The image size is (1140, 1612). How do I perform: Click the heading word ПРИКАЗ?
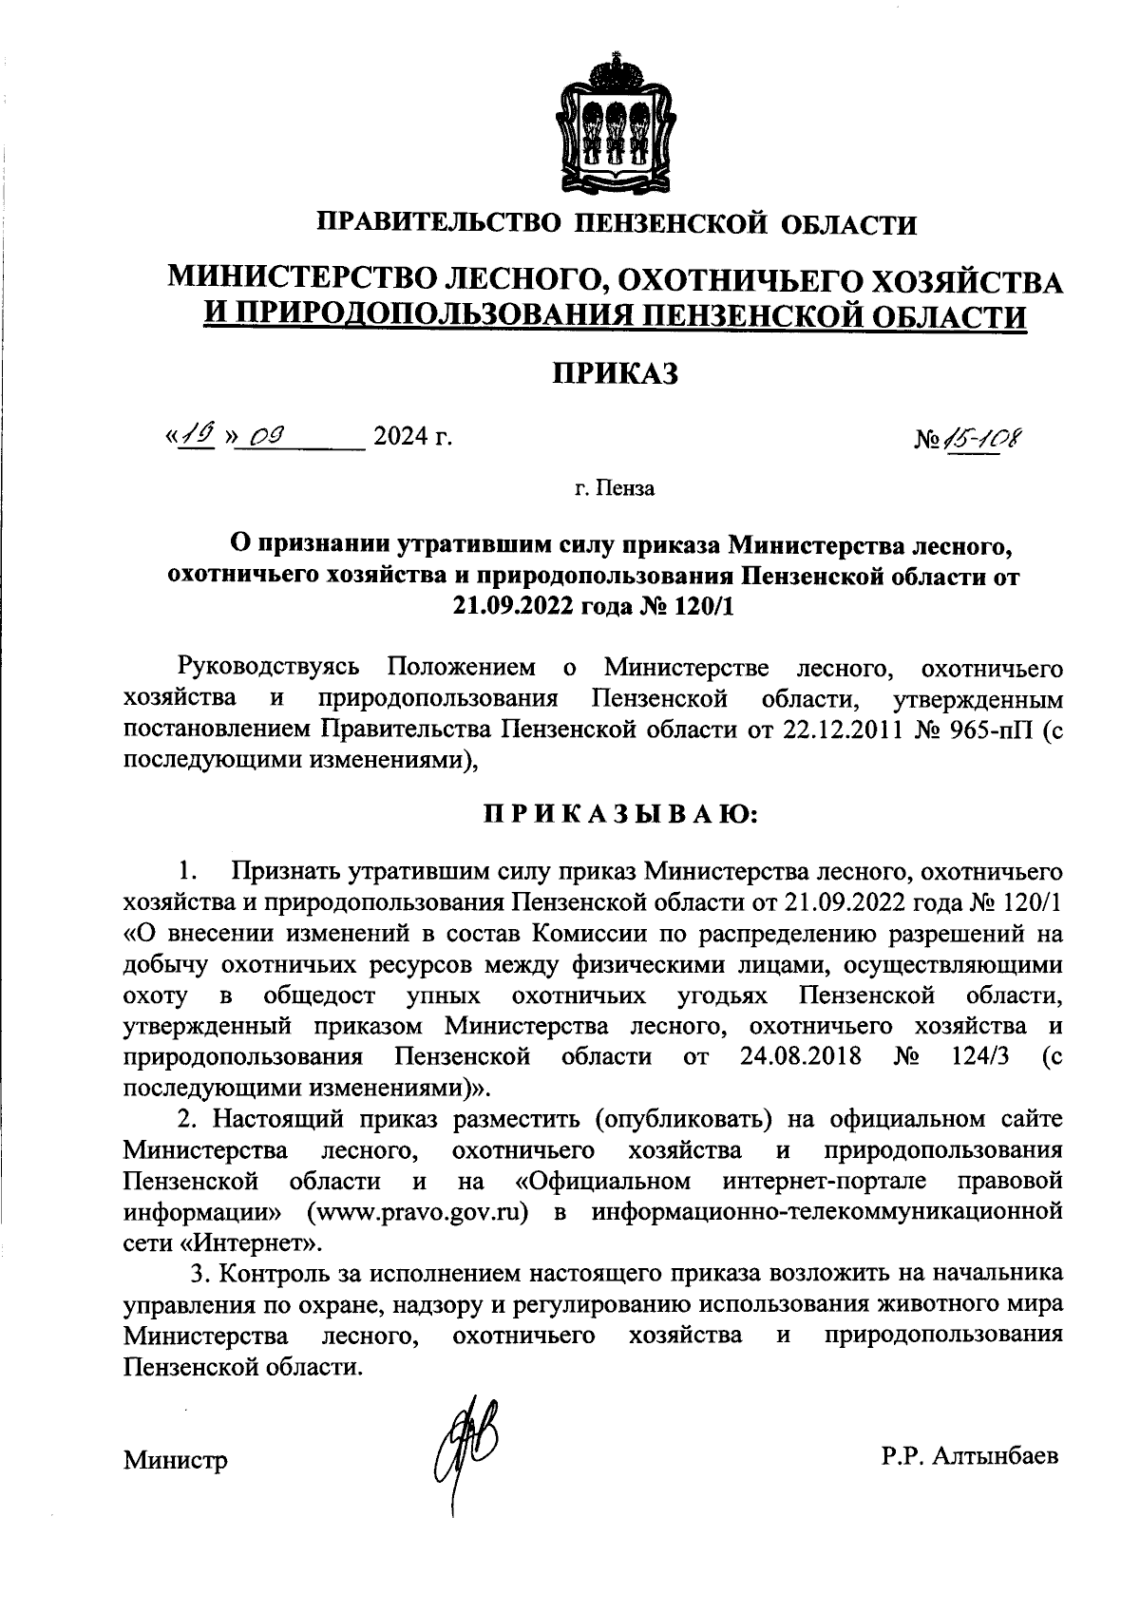click(617, 373)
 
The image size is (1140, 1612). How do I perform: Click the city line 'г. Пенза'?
click(615, 489)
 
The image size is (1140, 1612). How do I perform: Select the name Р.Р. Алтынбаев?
click(968, 1456)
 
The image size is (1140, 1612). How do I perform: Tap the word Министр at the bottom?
click(176, 1460)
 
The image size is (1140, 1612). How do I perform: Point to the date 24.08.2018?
click(800, 1056)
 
